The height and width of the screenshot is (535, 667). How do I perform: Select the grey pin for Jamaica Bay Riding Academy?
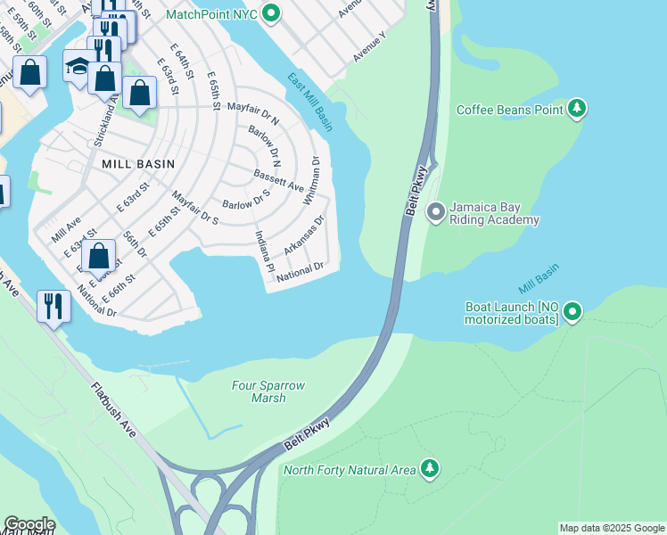(x=436, y=212)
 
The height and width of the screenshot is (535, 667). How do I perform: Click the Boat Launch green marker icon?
(x=572, y=312)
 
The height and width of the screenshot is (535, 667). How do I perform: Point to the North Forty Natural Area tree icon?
(x=430, y=469)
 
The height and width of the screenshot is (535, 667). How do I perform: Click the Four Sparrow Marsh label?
(x=268, y=391)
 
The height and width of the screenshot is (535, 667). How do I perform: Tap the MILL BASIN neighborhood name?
(x=137, y=164)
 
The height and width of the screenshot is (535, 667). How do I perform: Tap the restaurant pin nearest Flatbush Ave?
(x=54, y=306)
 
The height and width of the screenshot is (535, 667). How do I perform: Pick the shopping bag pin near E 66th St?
(x=100, y=256)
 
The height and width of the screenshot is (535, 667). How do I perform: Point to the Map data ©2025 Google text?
(x=611, y=528)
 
